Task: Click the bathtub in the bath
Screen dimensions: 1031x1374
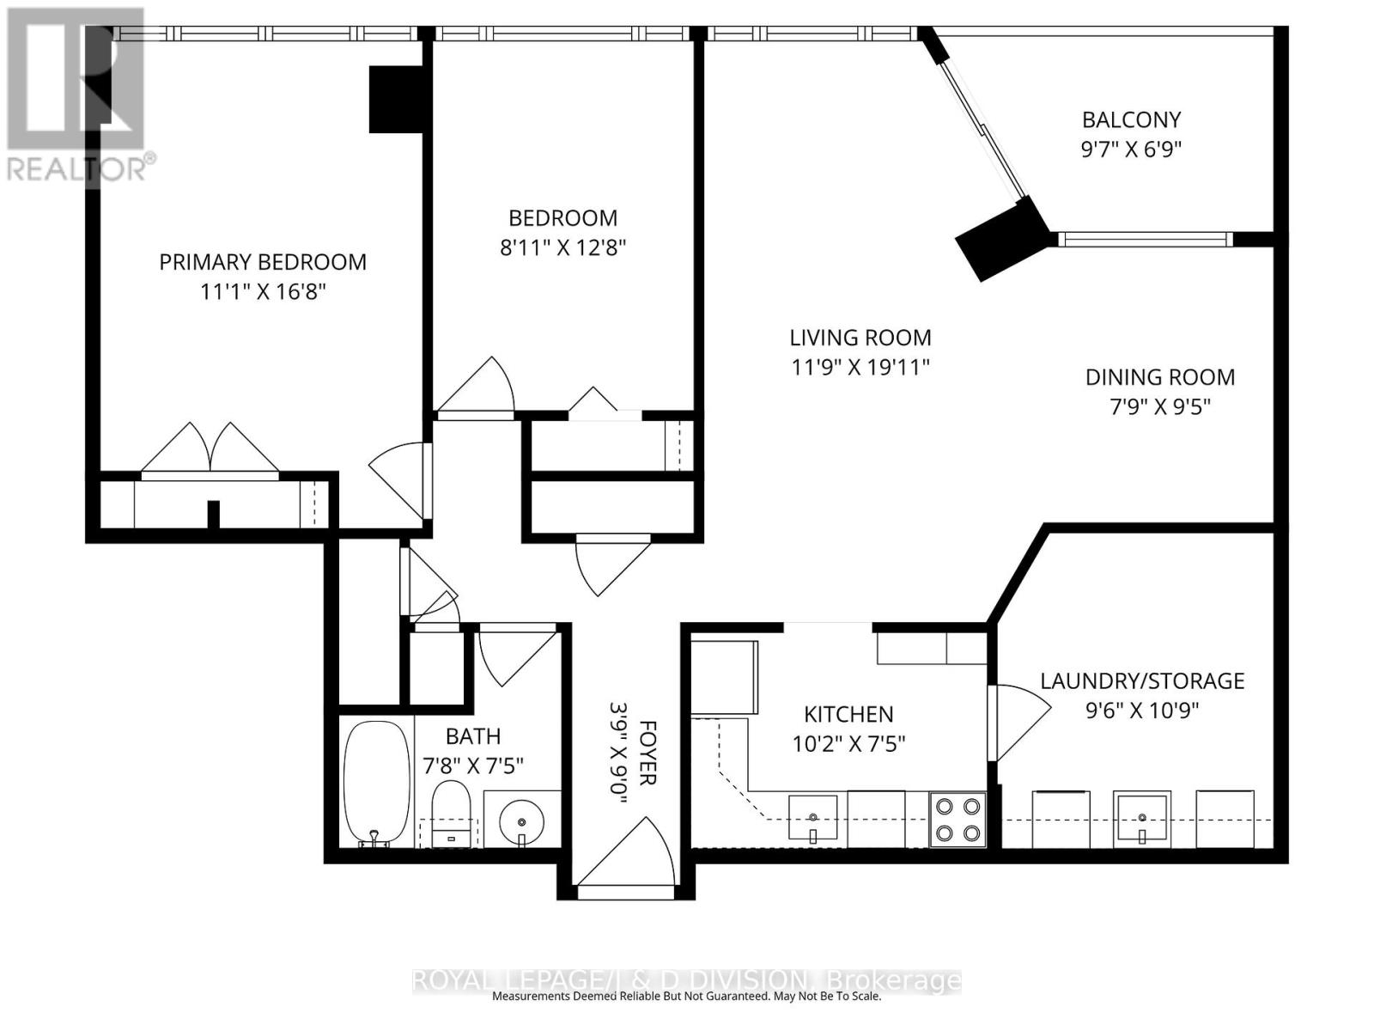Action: point(377,783)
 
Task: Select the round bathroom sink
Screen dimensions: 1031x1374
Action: point(521,821)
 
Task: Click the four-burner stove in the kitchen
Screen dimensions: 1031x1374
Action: point(958,819)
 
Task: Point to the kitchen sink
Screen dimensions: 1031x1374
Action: point(812,817)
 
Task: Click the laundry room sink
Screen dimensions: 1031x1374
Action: point(1141,817)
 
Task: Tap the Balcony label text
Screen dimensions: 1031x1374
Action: point(1131,119)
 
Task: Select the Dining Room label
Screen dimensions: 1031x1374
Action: point(1160,377)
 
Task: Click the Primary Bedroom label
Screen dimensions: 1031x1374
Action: point(263,262)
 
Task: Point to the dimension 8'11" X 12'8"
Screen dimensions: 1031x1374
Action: point(562,248)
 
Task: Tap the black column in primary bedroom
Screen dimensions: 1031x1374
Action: point(396,99)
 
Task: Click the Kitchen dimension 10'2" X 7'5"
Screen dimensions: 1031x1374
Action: point(848,744)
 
